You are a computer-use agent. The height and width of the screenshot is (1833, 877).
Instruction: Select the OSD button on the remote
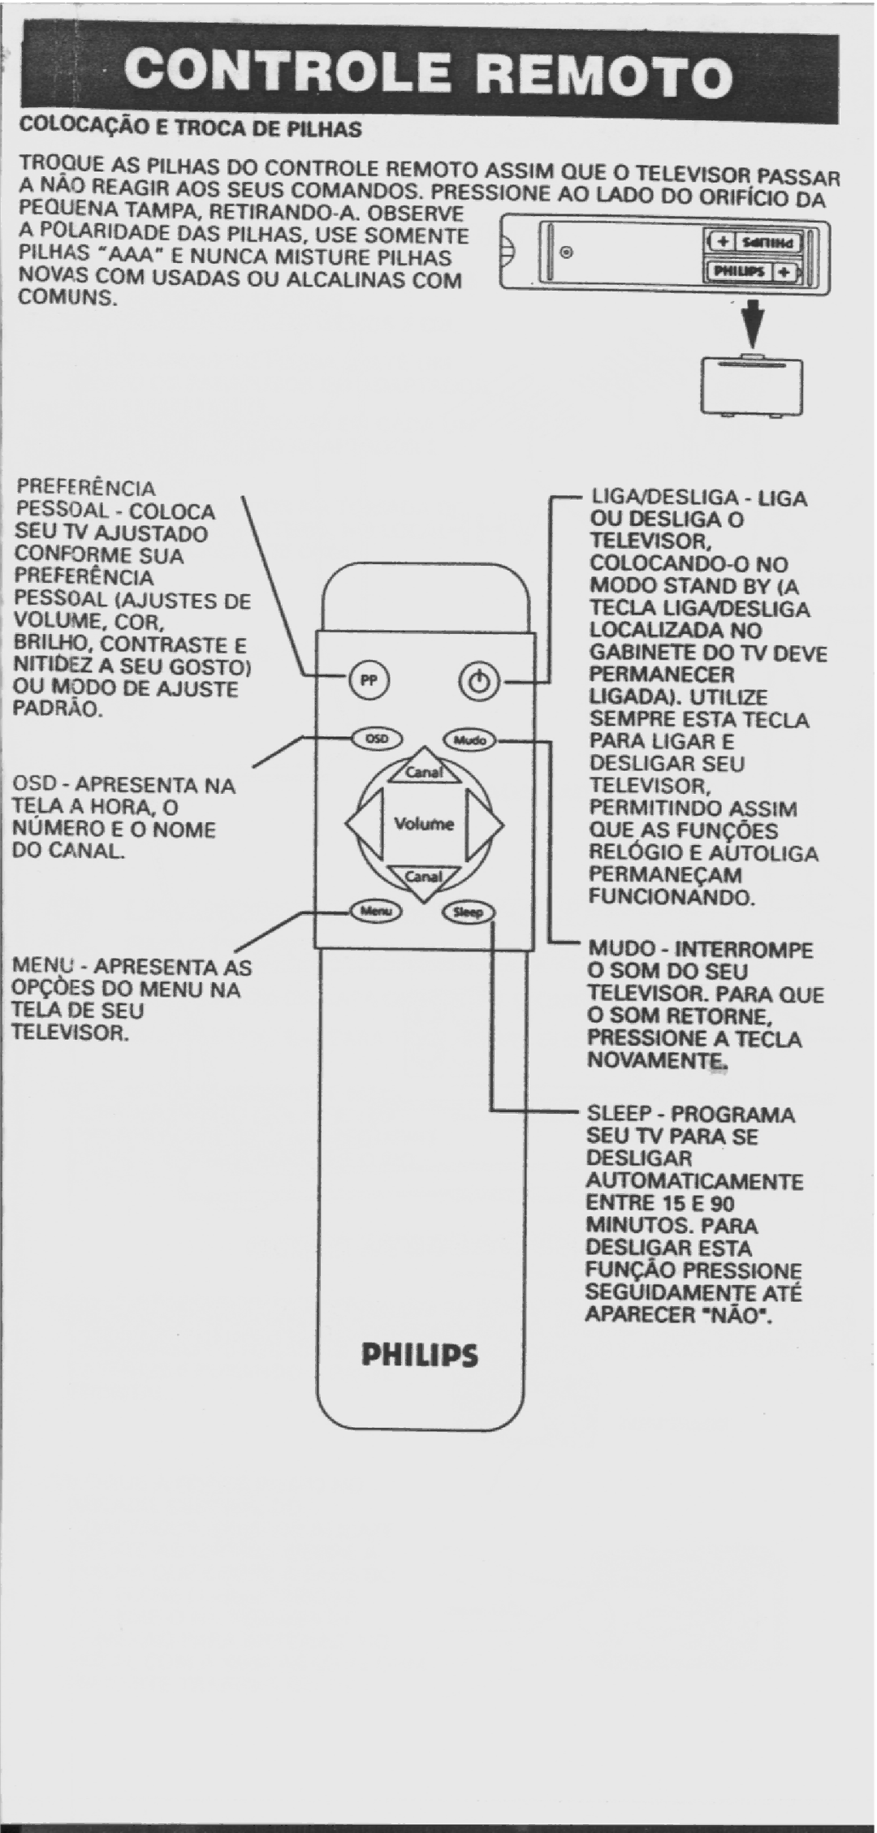tap(375, 739)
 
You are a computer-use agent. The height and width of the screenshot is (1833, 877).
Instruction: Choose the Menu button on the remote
tap(375, 912)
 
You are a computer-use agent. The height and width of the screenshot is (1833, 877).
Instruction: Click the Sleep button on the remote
tap(469, 912)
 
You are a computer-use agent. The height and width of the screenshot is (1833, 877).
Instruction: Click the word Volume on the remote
tap(424, 824)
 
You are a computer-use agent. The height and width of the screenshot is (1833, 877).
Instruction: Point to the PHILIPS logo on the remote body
tap(421, 1356)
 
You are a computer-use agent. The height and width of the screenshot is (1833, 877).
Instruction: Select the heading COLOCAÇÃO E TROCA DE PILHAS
tap(190, 128)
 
